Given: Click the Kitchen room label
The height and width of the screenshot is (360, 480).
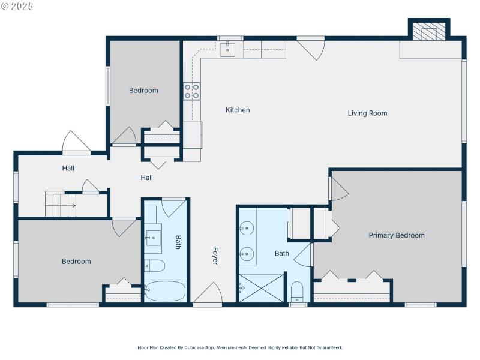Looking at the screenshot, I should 238,110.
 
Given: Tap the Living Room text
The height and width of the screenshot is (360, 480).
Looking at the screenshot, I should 367,113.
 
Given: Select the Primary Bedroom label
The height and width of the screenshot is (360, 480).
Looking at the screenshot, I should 396,235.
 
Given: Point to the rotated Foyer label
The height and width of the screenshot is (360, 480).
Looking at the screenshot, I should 214,256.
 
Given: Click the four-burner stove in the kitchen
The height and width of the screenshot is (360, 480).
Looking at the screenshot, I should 192,91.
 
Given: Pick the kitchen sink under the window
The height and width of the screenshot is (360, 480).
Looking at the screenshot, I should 227,49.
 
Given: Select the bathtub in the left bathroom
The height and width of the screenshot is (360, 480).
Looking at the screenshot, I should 166,291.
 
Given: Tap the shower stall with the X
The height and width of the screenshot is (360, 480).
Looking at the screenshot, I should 260,288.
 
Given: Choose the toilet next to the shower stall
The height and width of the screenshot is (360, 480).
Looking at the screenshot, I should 298,292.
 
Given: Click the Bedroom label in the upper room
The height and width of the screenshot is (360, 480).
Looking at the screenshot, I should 143,91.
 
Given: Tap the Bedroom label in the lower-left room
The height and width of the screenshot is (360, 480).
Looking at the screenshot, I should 77,261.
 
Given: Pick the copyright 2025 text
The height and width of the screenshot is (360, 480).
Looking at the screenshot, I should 17,5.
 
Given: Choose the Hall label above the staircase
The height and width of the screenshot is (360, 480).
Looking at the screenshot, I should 68,168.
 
